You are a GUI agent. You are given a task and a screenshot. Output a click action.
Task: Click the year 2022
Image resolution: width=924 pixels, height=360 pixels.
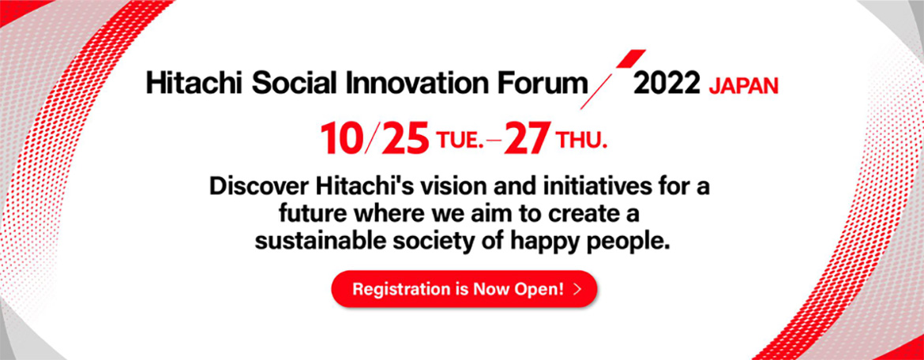[x=667, y=84]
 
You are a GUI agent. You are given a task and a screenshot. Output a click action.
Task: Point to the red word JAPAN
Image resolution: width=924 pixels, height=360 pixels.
[x=743, y=86]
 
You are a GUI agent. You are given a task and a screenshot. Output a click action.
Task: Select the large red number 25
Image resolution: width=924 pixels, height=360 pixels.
[x=404, y=140]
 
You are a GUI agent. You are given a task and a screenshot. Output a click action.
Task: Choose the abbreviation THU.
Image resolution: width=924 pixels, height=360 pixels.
[x=580, y=142]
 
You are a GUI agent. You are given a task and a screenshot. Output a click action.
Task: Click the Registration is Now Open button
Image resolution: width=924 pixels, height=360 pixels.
[x=464, y=289]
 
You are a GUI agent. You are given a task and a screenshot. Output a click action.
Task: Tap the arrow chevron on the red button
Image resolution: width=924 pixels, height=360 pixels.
[x=577, y=289]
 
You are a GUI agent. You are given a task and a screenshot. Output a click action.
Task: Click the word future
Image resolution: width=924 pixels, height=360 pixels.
[x=312, y=215]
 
